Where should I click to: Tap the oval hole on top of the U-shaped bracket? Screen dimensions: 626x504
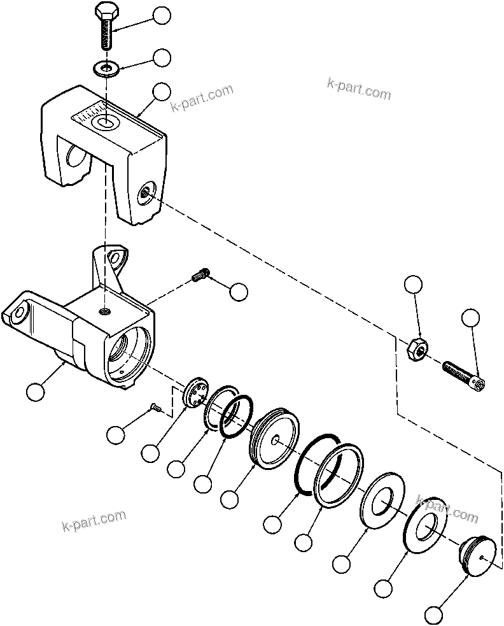pyautogui.click(x=102, y=122)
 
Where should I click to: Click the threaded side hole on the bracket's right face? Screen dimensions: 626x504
pyautogui.click(x=146, y=190)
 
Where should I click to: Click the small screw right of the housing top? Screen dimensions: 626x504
pyautogui.click(x=200, y=276)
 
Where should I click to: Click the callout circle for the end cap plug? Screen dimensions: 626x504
pyautogui.click(x=434, y=616)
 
